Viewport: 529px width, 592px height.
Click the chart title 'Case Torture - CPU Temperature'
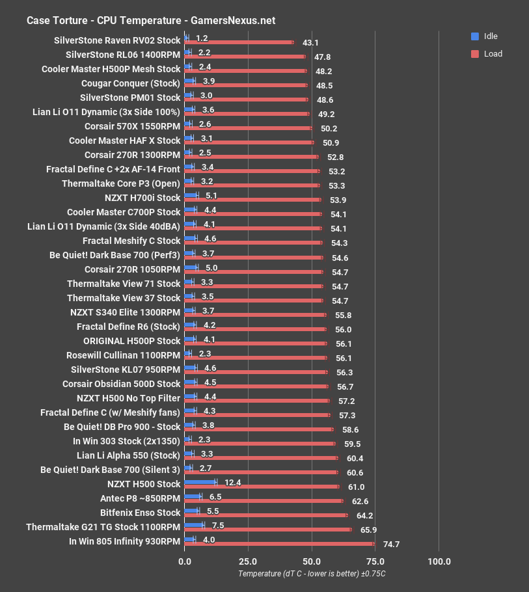tap(150, 20)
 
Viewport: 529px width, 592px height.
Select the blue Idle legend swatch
tap(474, 36)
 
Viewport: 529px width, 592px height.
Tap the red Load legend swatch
tap(474, 54)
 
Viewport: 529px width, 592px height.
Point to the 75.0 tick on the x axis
tap(375, 561)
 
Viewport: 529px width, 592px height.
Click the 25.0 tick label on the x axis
tap(248, 561)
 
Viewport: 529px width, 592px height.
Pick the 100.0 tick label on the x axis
tap(439, 561)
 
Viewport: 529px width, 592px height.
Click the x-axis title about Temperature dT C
tap(312, 574)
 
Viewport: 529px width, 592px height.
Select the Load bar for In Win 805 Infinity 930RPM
tap(280, 544)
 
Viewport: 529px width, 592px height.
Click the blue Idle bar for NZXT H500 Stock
tap(200, 482)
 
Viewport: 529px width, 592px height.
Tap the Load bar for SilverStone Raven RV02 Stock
tap(239, 42)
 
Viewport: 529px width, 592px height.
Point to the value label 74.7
tap(391, 545)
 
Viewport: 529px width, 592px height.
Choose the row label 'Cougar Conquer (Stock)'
tap(131, 83)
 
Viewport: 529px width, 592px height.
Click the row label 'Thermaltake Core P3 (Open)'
tap(121, 183)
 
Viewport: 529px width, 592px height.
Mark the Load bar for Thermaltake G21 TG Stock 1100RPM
tap(268, 530)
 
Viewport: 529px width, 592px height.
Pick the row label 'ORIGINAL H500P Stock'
tap(131, 341)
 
